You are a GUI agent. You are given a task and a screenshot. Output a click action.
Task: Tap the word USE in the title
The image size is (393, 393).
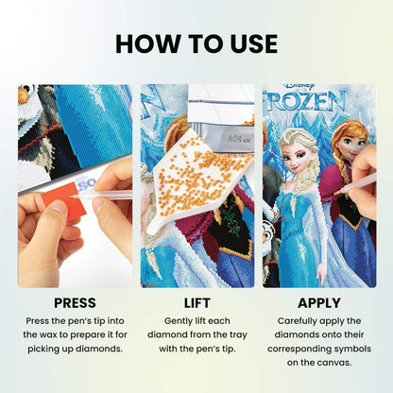(248, 43)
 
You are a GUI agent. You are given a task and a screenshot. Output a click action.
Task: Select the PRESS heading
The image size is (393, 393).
(74, 303)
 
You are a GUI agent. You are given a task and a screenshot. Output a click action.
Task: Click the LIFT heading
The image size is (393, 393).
(196, 303)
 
